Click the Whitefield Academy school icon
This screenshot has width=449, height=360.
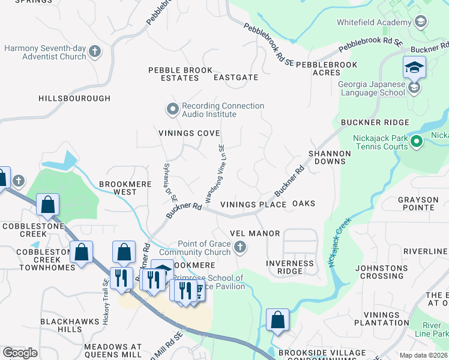tap(421, 22)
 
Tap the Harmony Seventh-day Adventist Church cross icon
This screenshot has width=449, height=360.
tap(95, 52)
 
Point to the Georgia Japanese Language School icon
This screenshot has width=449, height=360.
tap(414, 88)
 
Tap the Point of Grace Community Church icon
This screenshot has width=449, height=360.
tap(240, 247)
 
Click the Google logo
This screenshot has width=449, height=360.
tap(20, 352)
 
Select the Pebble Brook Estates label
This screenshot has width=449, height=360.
tap(181, 74)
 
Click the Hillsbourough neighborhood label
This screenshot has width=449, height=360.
tap(74, 98)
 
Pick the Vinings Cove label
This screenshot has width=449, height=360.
tap(188, 133)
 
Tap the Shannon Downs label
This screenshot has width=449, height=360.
tap(330, 158)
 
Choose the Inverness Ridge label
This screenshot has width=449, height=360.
tap(291, 267)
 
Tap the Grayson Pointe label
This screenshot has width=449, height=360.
tap(416, 203)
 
